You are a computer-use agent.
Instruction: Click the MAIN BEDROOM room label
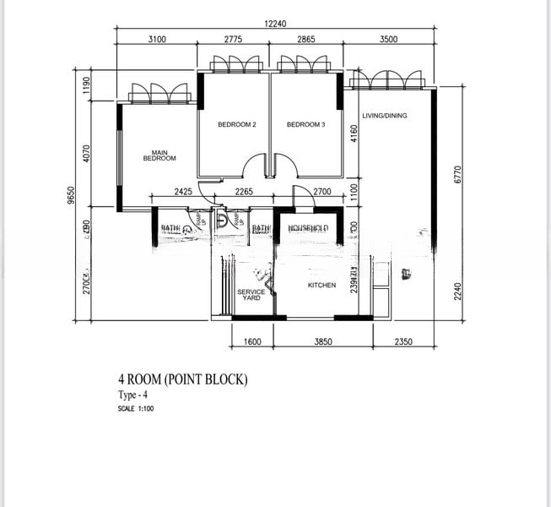point(159,155)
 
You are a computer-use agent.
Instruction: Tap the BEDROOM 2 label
point(236,125)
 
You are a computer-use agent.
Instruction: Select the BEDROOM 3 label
point(305,125)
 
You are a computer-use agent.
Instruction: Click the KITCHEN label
point(321,286)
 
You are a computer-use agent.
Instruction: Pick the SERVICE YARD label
point(251,295)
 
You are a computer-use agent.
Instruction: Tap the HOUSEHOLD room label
point(308,229)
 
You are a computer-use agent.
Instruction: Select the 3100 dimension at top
point(156,39)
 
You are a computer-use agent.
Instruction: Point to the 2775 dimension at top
point(235,39)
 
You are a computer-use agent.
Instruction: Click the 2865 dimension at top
point(305,39)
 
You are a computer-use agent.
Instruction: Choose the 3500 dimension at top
point(389,39)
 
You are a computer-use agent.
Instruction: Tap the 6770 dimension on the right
point(456,174)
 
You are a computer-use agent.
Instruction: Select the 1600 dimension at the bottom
point(253,342)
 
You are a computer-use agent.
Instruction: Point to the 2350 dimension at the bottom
point(404,342)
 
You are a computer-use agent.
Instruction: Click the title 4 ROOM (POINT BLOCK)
point(182,380)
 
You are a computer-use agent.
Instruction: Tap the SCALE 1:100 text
point(136,409)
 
